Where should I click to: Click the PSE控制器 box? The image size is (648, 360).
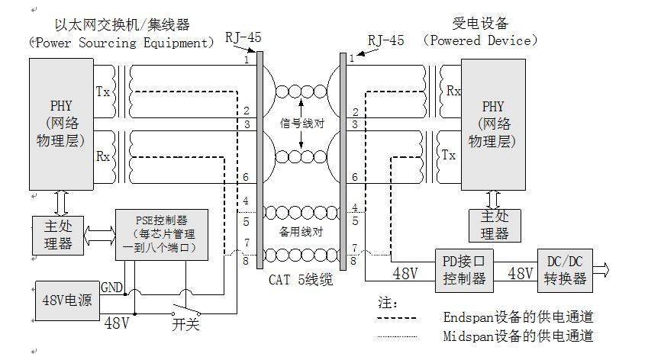coord(162,234)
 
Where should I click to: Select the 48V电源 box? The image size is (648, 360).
coord(67,301)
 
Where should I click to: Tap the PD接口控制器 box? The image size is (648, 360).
coord(464,271)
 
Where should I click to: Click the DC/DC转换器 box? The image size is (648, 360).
coord(565,271)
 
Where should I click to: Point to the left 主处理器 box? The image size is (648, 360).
coord(58,236)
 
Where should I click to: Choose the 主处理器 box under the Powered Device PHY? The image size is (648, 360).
coord(495,226)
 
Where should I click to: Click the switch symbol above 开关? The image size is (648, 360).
coord(186,310)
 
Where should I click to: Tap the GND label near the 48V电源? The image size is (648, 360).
coord(111,288)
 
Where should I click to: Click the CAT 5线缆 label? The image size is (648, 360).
coord(301,280)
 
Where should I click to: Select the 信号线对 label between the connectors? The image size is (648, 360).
coord(301,123)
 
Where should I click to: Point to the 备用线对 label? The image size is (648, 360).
coord(301,232)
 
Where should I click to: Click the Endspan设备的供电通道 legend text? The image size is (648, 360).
coord(518,317)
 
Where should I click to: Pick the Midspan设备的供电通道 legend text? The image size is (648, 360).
coord(518,336)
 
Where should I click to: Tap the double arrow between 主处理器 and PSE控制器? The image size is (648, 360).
coord(99,236)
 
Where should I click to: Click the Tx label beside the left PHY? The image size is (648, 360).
coord(103,92)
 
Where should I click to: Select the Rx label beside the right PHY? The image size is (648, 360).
coord(453,91)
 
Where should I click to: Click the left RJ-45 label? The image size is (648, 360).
coord(243,37)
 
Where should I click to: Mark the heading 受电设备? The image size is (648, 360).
coord(480,23)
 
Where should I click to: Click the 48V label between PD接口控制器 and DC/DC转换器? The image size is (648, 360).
coord(520,273)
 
